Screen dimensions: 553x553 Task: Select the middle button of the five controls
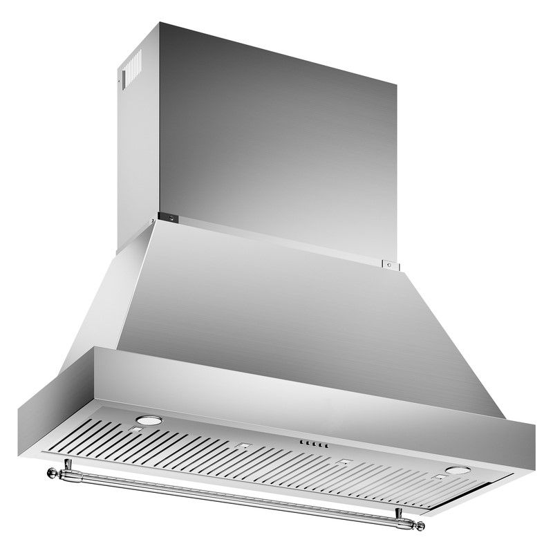pos(312,444)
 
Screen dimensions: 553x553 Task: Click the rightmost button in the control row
pos(324,447)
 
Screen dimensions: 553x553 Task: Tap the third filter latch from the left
pos(344,461)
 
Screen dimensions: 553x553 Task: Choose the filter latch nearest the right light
pos(440,478)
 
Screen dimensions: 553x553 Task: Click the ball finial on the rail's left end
pos(51,473)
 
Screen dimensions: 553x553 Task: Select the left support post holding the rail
pos(67,465)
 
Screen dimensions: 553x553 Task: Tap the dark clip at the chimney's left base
pos(170,218)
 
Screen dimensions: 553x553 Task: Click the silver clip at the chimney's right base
pos(391,263)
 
